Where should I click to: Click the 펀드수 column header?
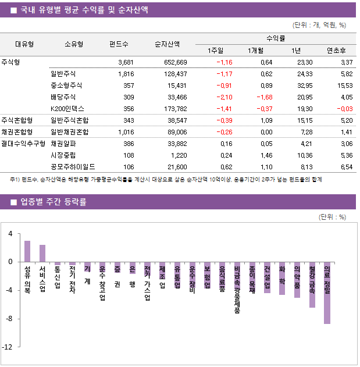119,44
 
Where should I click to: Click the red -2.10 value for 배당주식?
224,97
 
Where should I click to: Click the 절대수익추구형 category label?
23,142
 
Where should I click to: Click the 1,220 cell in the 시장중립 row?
179,155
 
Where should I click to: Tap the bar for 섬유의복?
27,251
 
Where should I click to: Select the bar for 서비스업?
42,254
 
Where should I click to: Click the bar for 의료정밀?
327,293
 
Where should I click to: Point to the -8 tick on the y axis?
9,319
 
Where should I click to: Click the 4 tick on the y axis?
10,234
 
